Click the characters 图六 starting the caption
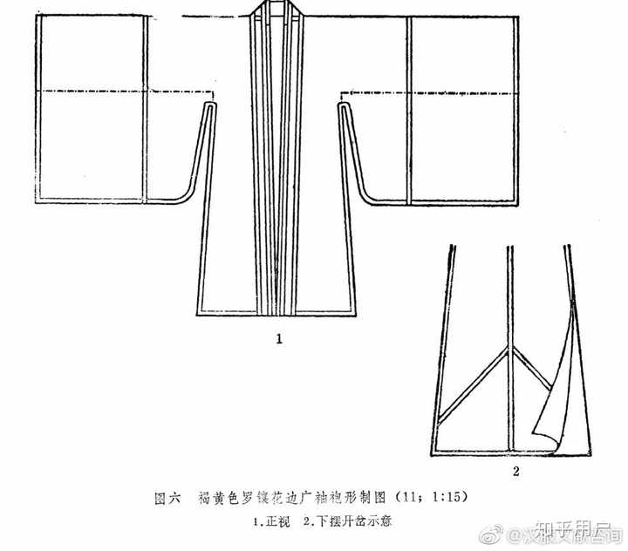click(x=167, y=498)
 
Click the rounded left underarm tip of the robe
click(x=209, y=106)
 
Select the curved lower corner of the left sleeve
click(x=179, y=200)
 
